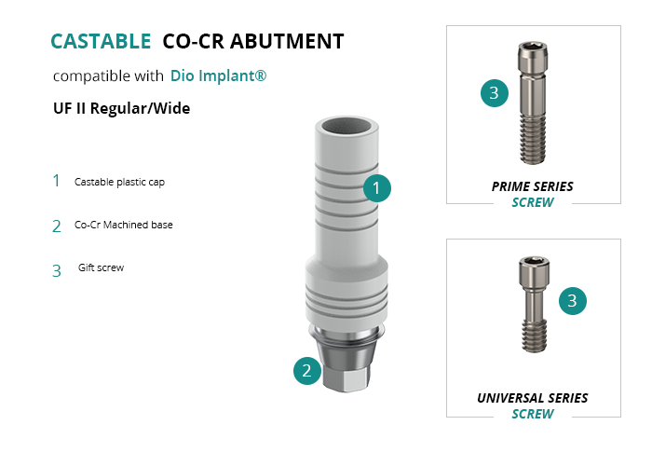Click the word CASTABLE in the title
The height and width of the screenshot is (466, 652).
click(101, 42)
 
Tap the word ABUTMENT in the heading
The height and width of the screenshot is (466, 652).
click(287, 42)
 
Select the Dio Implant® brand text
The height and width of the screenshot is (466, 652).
click(218, 75)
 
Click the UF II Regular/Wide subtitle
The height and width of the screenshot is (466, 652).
click(121, 108)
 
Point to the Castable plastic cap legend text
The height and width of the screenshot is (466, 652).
click(119, 182)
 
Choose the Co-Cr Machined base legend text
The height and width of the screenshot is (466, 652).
click(124, 225)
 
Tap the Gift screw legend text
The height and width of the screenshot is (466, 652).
click(101, 267)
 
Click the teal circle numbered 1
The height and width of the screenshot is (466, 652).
click(376, 188)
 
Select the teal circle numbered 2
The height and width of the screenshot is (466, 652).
click(306, 370)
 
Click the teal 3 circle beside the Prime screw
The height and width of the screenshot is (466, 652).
click(495, 93)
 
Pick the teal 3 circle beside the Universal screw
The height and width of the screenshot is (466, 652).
click(573, 300)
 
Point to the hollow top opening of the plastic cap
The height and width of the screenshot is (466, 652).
click(346, 127)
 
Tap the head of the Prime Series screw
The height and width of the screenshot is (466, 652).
click(533, 57)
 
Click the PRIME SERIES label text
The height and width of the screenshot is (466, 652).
click(532, 186)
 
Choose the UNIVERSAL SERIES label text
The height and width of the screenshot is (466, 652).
click(532, 398)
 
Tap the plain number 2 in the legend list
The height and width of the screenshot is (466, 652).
click(57, 226)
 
